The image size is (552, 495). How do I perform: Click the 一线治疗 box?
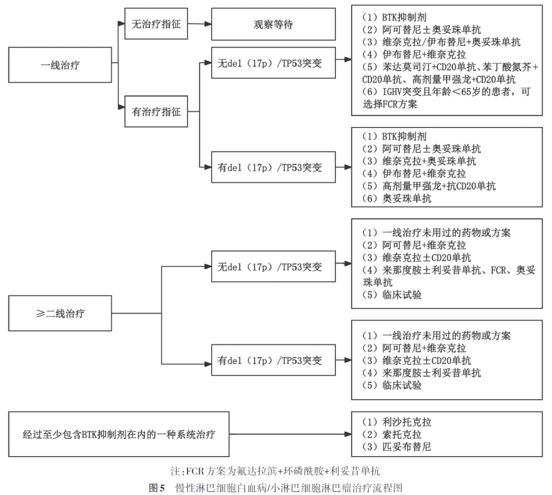tap(60, 65)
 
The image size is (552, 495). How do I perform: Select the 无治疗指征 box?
tap(156, 24)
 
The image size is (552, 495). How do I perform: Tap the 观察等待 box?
tap(273, 24)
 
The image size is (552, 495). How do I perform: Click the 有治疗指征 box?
tap(156, 111)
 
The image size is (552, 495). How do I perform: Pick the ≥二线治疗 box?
tap(60, 313)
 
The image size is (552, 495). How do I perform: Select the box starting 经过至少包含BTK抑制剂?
tap(119, 434)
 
